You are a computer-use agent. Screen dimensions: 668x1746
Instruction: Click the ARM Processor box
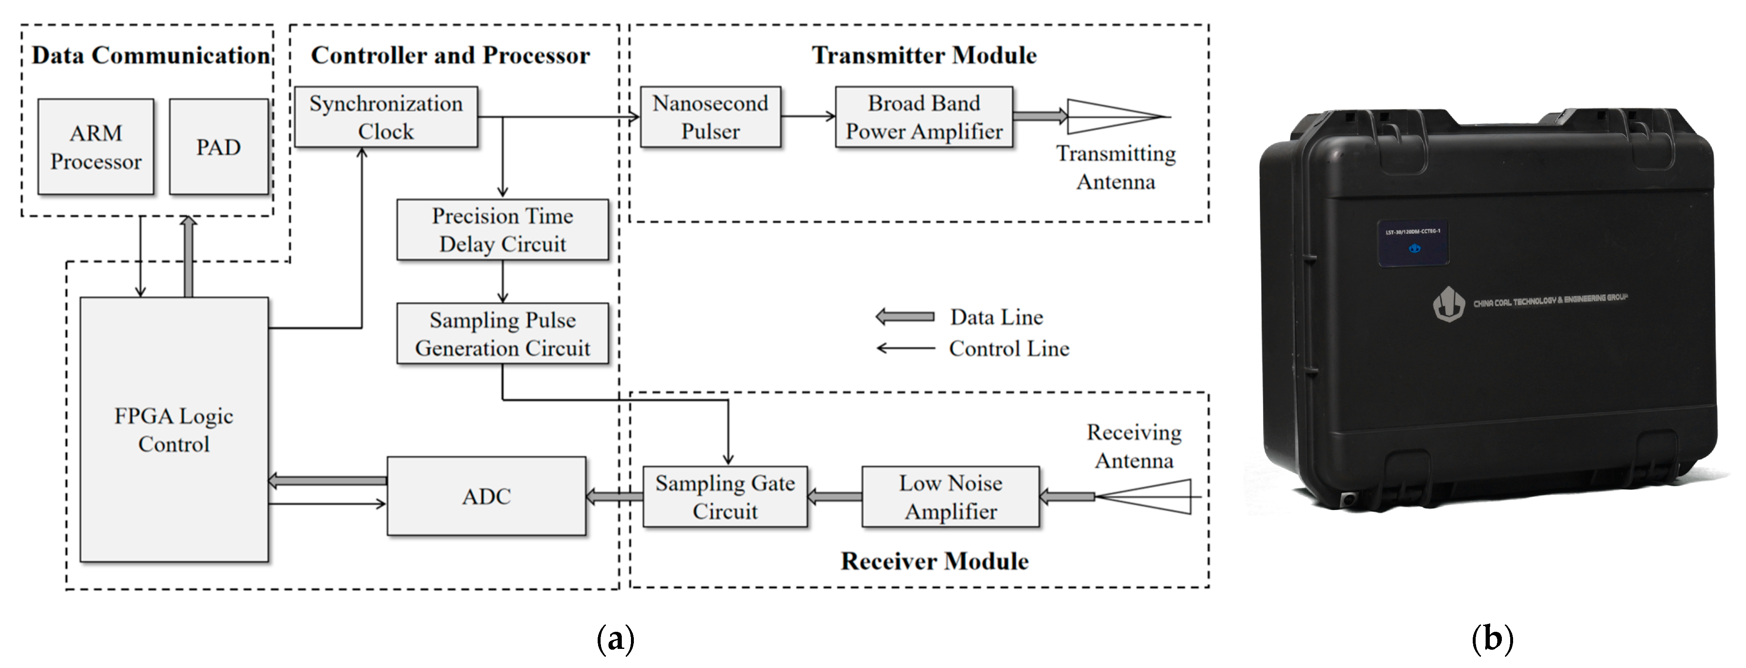pyautogui.click(x=96, y=147)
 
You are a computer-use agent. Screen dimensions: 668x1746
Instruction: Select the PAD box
pyautogui.click(x=218, y=147)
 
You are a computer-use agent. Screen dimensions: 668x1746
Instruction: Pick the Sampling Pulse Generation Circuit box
pyautogui.click(x=502, y=334)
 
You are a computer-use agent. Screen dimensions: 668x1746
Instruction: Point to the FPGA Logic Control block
pyautogui.click(x=174, y=429)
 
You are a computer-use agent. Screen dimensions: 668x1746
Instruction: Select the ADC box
pyautogui.click(x=486, y=496)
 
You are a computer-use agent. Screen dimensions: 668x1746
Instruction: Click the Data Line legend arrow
pyautogui.click(x=905, y=317)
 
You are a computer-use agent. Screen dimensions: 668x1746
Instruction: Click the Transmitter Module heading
pyautogui.click(x=924, y=55)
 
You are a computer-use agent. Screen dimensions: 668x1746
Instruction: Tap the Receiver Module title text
pyautogui.click(x=935, y=561)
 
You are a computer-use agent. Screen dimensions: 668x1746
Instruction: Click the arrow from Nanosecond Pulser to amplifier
pyautogui.click(x=808, y=116)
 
